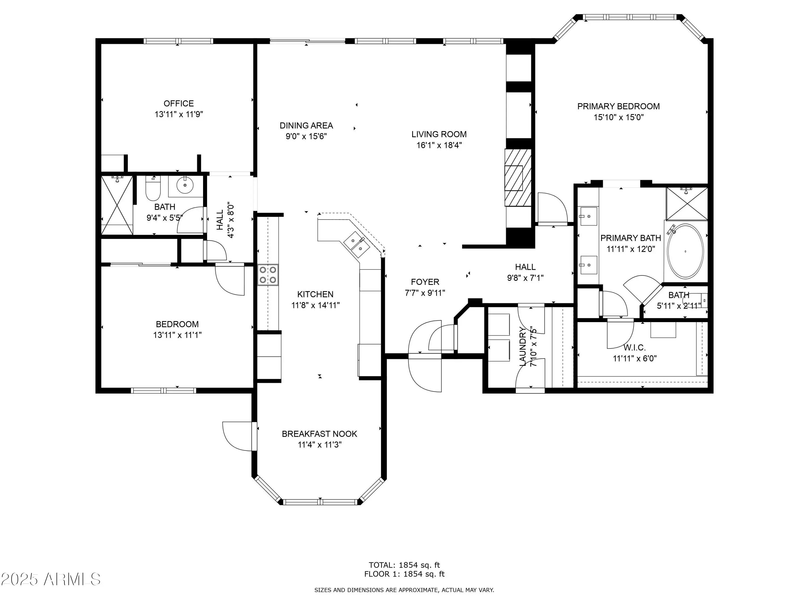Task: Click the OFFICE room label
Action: pos(179,104)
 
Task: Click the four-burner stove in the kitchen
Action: pos(268,275)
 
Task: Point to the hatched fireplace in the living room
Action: pos(518,178)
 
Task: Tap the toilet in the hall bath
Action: pos(153,188)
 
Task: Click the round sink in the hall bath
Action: pos(185,186)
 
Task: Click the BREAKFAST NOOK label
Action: pos(319,434)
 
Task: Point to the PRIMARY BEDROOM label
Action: pos(618,107)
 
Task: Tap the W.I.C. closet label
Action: pos(635,347)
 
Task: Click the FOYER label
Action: pos(425,282)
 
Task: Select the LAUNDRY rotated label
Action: pos(523,346)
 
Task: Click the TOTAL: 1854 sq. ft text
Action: pos(404,565)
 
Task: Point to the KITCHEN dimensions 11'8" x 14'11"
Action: pos(316,305)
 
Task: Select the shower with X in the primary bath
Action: pos(687,204)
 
